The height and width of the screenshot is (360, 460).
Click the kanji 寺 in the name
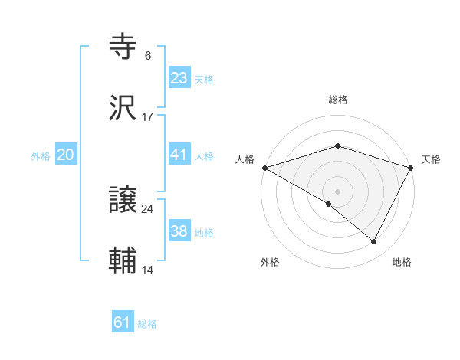123,47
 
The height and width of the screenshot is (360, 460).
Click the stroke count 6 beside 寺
147,56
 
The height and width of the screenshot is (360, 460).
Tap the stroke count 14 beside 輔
147,270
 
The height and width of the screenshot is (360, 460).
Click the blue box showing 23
179,78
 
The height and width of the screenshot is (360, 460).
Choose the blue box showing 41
179,155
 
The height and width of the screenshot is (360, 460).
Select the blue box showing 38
179,231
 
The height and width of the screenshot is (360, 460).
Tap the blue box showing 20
65,155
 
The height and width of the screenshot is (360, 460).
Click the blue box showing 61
122,322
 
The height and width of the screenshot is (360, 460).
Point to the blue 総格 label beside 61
147,324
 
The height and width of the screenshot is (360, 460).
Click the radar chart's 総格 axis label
338,100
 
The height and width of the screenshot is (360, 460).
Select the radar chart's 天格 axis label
431,159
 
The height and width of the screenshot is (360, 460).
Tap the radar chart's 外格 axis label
270,263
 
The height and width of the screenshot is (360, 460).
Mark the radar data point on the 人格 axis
264,168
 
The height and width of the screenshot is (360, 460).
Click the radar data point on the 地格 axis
374,241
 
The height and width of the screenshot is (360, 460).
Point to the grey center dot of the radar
338,191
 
